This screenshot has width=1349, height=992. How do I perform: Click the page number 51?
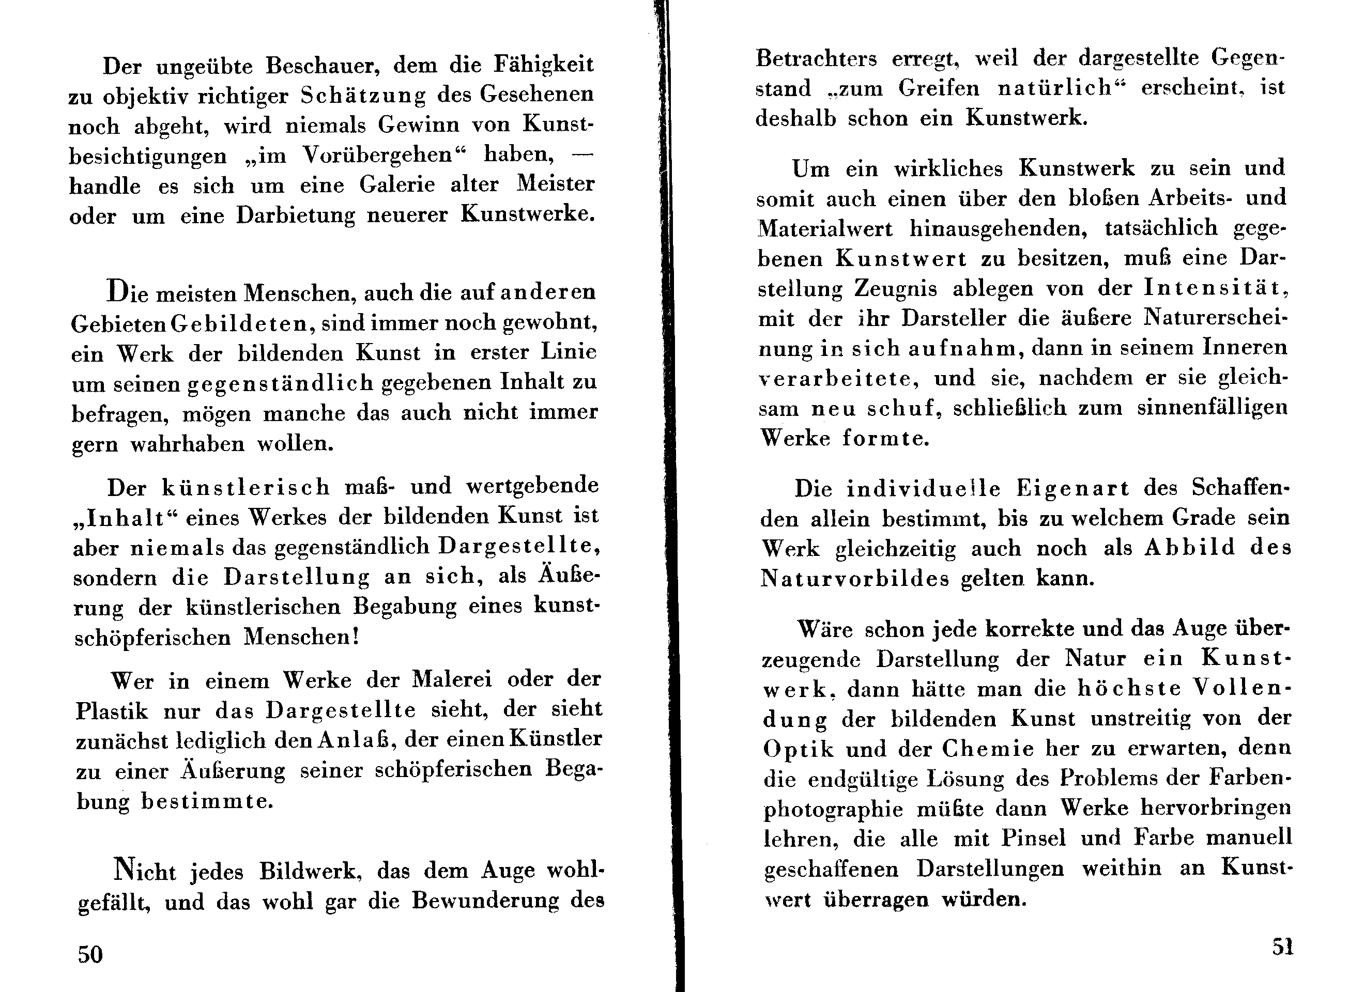(1282, 947)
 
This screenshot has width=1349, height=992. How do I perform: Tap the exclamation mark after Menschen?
(357, 636)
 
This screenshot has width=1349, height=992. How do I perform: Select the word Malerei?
(452, 679)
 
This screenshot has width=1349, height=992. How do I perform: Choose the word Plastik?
(112, 711)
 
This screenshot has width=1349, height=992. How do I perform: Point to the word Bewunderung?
(485, 901)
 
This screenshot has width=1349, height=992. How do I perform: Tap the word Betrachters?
(816, 58)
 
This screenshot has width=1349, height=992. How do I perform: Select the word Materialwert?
(825, 229)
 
